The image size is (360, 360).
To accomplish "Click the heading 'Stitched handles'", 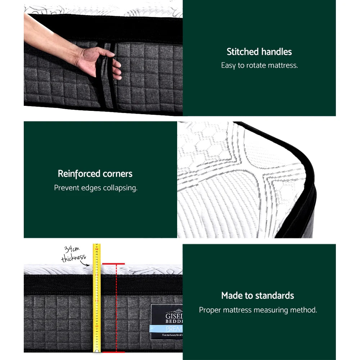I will click(x=259, y=52).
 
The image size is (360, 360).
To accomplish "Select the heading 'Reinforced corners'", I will click(x=95, y=174).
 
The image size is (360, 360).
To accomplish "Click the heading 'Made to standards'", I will click(x=257, y=296).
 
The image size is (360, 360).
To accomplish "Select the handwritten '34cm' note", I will click(x=72, y=249).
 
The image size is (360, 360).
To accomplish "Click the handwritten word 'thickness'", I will click(x=73, y=258).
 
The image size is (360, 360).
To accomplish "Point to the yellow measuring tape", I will click(x=96, y=299).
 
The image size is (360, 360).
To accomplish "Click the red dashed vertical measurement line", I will click(x=116, y=308).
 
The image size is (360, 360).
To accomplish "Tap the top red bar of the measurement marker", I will click(x=113, y=264).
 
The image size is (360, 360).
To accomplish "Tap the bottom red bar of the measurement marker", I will click(x=113, y=352).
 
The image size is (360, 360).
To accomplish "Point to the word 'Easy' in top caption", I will click(x=228, y=66).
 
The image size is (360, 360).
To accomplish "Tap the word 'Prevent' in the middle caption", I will click(x=67, y=188).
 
